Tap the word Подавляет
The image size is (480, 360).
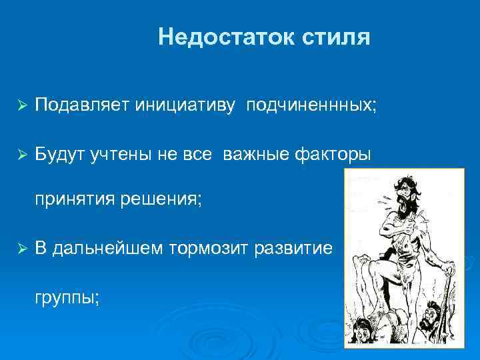point(82,105)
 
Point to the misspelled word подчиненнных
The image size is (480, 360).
point(311,105)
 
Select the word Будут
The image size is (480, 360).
point(57,155)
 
